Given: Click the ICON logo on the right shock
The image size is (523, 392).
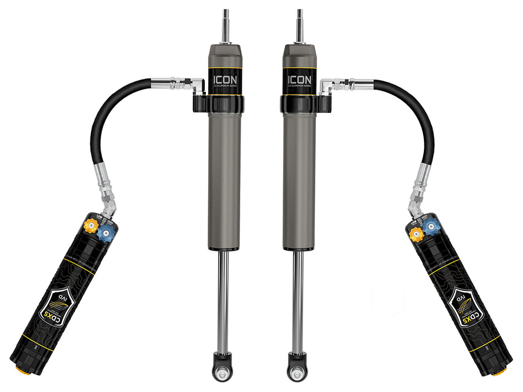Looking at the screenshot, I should point(299,79).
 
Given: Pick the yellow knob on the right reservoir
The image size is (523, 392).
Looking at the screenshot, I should point(416,234).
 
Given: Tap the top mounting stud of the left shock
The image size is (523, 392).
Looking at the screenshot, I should point(226,25).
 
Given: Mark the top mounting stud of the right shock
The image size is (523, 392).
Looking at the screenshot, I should point(299,25).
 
